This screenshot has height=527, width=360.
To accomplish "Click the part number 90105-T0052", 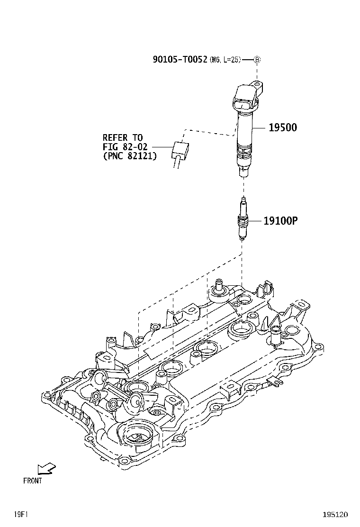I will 180,59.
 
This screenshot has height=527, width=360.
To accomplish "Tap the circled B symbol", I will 257,60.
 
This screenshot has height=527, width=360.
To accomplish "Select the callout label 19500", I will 283,127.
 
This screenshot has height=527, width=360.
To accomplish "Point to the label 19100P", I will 281,220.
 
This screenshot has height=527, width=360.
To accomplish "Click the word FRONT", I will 32,481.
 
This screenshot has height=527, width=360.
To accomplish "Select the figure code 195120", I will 335,514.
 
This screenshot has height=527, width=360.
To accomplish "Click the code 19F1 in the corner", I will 20,514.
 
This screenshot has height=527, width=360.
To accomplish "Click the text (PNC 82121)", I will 130,155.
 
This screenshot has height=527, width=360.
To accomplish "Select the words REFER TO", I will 123,138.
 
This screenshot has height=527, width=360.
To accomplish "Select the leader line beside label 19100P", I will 256,220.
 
